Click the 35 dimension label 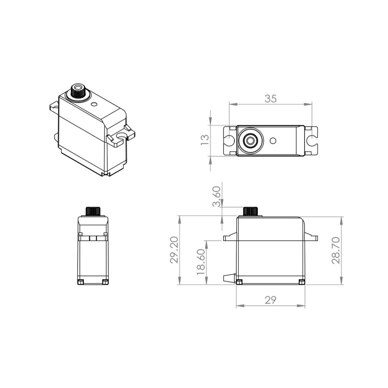(270, 99)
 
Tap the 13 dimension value (205, 140)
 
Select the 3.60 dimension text (216, 196)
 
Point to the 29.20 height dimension (174, 250)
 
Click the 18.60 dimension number (201, 262)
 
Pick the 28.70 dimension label (336, 250)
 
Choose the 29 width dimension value (270, 300)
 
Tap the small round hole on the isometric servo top (94, 104)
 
